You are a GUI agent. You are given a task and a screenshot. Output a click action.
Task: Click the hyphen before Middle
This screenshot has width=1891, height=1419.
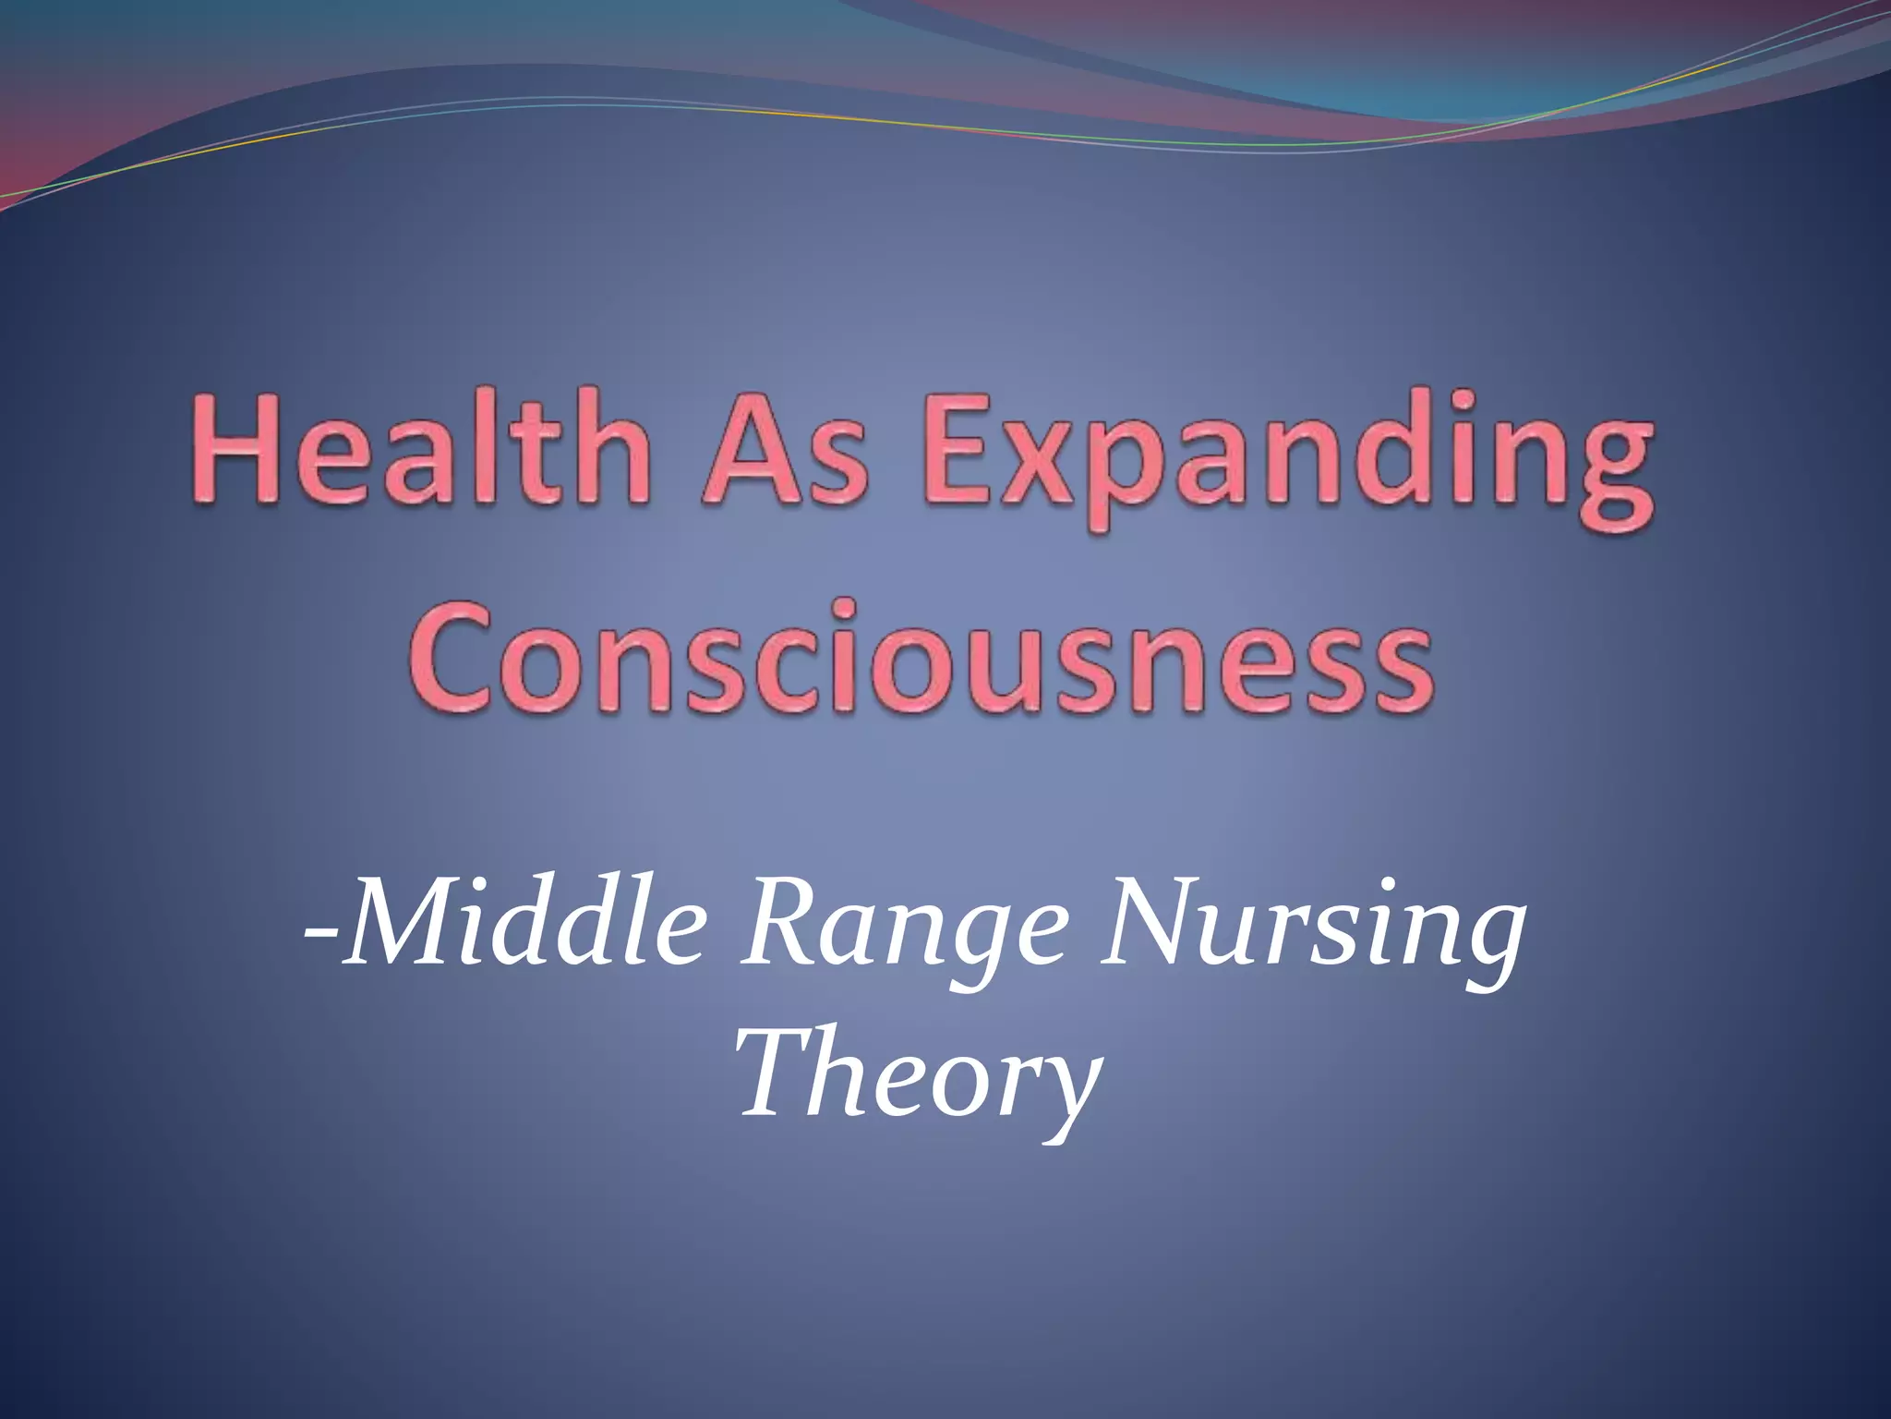click(x=320, y=933)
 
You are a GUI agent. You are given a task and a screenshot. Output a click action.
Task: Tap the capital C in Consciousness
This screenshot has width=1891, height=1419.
click(x=452, y=658)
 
